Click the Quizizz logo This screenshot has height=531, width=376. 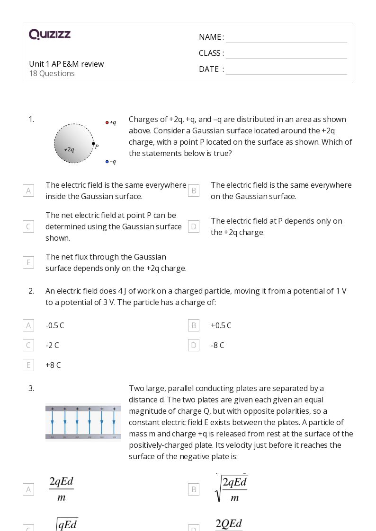coord(50,35)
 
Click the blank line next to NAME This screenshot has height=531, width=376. coord(286,38)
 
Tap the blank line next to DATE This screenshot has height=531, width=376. coord(286,70)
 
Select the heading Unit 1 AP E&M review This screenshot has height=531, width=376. coord(66,64)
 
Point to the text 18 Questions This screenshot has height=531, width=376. coord(52,73)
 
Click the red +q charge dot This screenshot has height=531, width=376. coord(107,122)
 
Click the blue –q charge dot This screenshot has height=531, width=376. coord(107,162)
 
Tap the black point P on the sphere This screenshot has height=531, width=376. coord(93,144)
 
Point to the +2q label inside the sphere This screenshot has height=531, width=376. coord(69,149)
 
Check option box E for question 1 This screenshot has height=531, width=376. coord(28,262)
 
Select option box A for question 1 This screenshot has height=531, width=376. coord(28,191)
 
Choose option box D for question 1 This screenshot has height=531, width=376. coord(193,226)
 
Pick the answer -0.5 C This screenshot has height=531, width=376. coord(54,325)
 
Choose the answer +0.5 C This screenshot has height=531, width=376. coord(221,325)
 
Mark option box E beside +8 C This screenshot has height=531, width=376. coord(28,365)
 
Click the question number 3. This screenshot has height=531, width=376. coord(31,388)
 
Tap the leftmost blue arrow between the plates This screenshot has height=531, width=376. coord(52,422)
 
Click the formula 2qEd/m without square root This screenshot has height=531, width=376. coord(61,489)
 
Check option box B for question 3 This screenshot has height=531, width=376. coord(193,489)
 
